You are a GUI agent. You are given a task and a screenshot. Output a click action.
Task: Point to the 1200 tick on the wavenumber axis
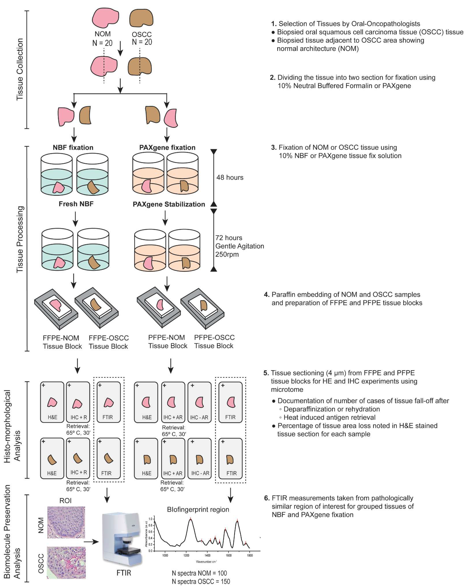click(186, 555)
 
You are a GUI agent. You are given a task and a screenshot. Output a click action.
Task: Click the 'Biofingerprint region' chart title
click(198, 509)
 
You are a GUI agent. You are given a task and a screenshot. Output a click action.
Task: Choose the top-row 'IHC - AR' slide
click(199, 402)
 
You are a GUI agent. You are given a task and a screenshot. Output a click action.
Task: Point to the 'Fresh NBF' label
click(76, 204)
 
